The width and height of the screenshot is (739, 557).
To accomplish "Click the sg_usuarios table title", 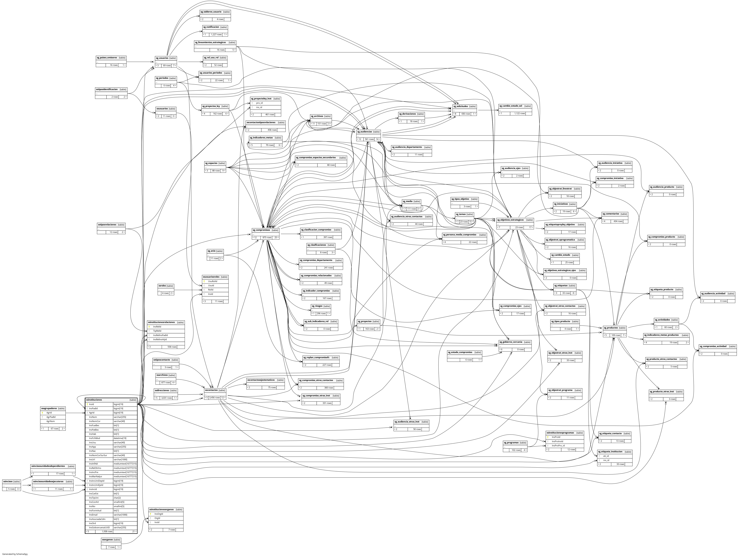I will tap(162, 58).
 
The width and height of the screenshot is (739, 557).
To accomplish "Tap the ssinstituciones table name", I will tap(94, 400).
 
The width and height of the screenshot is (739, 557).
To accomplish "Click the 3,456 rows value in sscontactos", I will tap(214, 397).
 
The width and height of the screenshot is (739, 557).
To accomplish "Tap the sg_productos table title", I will tap(610, 328).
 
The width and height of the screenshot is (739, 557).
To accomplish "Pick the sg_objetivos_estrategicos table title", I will tap(510, 220).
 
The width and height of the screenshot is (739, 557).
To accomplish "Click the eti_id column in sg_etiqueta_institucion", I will tap(606, 456).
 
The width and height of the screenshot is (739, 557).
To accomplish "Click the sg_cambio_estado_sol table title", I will tap(511, 106).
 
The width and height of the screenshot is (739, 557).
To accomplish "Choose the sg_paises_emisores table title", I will tap(107, 58).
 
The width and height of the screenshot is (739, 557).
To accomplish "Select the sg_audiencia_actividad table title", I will tap(713, 294).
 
